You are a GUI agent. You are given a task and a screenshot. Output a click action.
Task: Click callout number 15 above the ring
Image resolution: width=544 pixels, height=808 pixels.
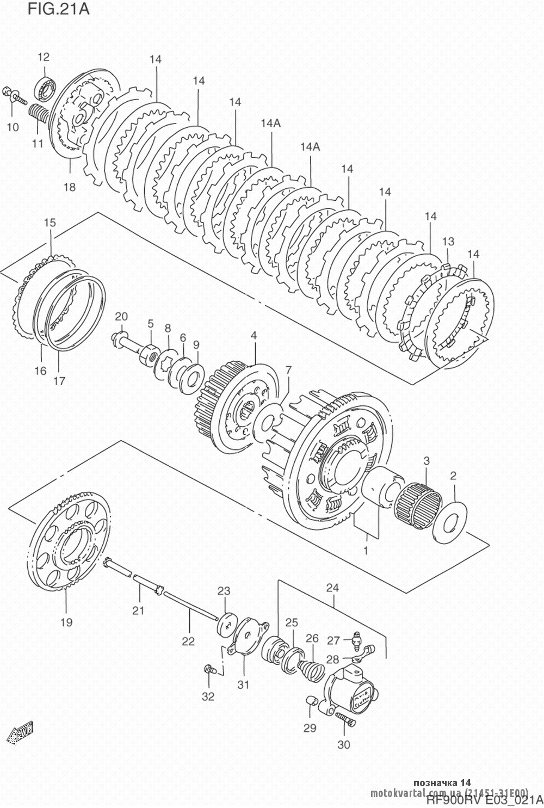tap(50, 223)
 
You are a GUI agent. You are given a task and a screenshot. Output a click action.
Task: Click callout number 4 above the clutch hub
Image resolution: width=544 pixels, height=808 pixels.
tap(254, 336)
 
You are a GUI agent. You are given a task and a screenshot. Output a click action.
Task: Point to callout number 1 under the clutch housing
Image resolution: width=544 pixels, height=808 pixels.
tap(366, 551)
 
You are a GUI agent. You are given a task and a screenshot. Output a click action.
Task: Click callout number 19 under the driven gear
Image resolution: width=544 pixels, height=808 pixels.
tap(66, 622)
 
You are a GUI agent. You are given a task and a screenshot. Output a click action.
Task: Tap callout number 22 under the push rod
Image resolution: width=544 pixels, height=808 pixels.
tap(188, 641)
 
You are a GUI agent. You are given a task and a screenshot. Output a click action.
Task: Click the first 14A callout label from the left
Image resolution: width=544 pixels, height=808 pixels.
tap(270, 124)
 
